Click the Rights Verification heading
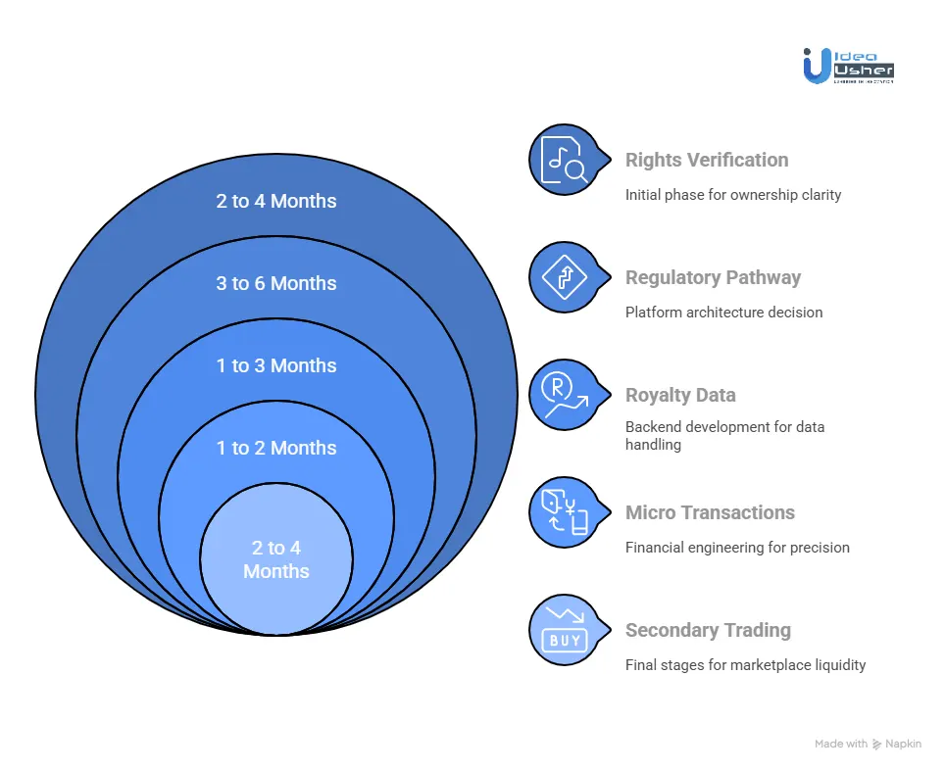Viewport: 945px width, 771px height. (706, 160)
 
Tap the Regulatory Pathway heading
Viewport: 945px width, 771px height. (713, 277)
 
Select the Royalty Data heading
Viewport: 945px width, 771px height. (680, 395)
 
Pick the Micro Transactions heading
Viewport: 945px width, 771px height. (710, 512)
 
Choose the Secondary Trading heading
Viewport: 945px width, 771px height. (708, 630)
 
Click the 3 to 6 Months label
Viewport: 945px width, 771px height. (276, 283)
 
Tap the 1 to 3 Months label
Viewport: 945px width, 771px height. (276, 365)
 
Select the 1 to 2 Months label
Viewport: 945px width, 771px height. (276, 448)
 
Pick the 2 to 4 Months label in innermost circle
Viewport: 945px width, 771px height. (276, 559)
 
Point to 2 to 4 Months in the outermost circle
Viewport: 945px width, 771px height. (276, 201)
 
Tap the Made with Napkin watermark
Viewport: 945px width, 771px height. (868, 745)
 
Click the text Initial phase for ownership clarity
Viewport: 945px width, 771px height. (733, 195)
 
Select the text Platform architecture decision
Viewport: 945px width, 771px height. (723, 313)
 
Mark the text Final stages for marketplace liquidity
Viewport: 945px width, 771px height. (745, 665)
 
